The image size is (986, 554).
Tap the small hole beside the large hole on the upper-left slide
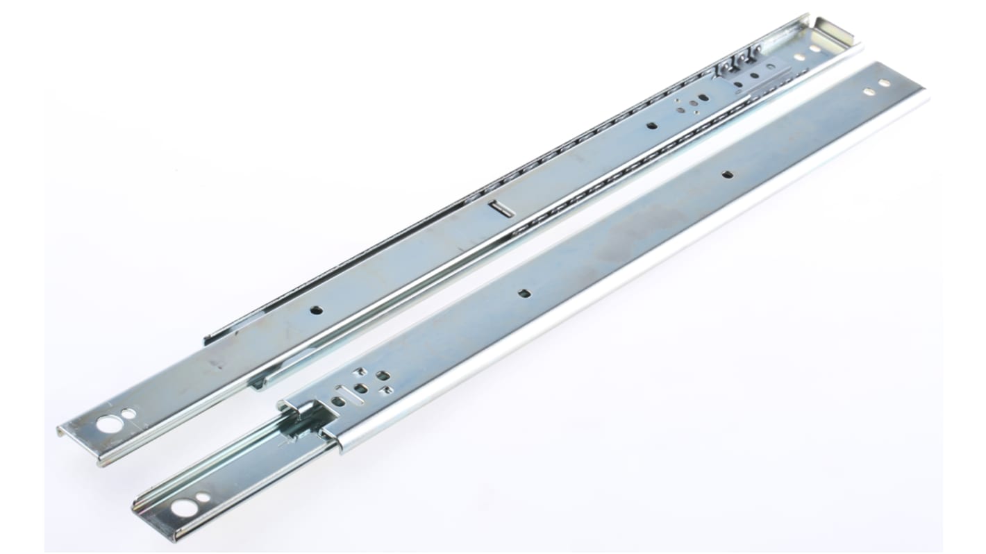coord(129,414)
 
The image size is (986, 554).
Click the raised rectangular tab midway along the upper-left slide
coord(501,209)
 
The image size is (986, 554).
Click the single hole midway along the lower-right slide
coord(524,293)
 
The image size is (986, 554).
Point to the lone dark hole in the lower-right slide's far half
coord(727,174)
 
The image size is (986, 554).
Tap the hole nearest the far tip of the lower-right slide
coord(884,83)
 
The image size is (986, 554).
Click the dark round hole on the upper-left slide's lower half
coord(316,310)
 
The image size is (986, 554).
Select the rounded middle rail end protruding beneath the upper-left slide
coord(258,382)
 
